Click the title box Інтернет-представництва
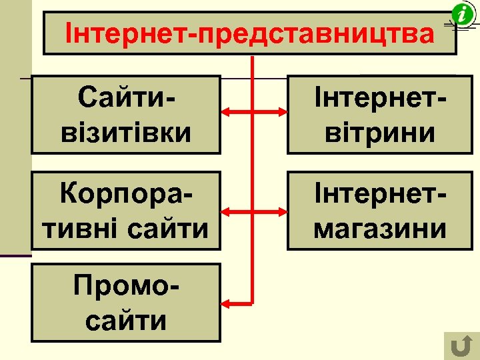tap(249, 33)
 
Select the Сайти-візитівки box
tap(126, 115)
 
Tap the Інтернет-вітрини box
tap(380, 115)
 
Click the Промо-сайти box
tap(126, 303)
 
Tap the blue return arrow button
tap(459, 346)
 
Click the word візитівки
tap(126, 132)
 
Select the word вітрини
tap(380, 132)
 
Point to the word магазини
tap(380, 228)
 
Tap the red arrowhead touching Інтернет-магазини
tap(281, 212)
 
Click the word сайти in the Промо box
tap(126, 321)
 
